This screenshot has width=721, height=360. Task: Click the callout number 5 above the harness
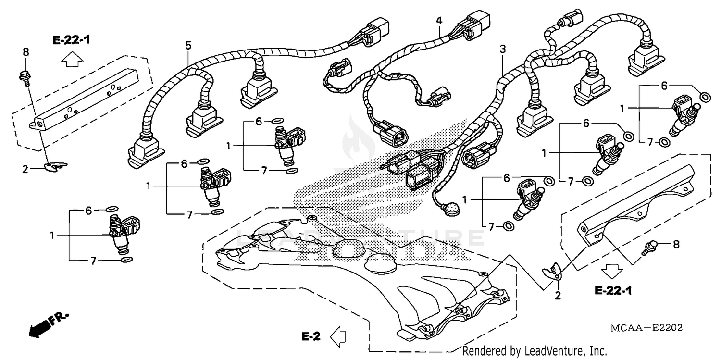click(x=188, y=46)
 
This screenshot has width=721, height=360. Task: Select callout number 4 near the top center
click(x=438, y=21)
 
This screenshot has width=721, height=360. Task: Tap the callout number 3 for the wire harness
click(x=502, y=49)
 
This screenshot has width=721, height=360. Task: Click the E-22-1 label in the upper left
click(x=71, y=40)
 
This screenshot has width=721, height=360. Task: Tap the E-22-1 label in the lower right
click(x=613, y=290)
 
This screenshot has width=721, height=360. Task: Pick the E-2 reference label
click(x=311, y=336)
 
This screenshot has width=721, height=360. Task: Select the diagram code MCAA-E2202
click(x=647, y=328)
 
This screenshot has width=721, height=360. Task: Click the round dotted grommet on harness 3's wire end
click(x=452, y=211)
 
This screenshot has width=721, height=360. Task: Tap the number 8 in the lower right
click(x=676, y=244)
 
